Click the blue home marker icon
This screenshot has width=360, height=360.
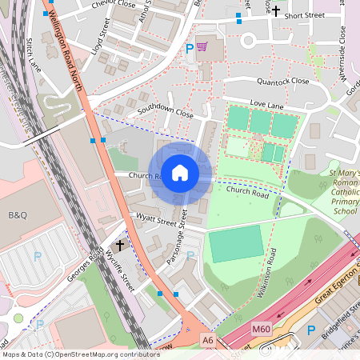click(180, 172)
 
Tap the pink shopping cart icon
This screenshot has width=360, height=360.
click(202, 47)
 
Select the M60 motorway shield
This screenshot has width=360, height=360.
click(261, 328)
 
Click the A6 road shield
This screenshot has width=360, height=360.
click(208, 340)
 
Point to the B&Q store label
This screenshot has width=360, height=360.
click(17, 215)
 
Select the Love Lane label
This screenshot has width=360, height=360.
click(267, 104)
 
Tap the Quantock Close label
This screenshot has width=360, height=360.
click(278, 81)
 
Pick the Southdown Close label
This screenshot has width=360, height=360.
click(166, 113)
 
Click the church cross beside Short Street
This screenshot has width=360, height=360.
click(277, 11)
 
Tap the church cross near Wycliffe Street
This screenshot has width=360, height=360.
click(121, 245)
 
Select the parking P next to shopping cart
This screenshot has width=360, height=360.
click(190, 49)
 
